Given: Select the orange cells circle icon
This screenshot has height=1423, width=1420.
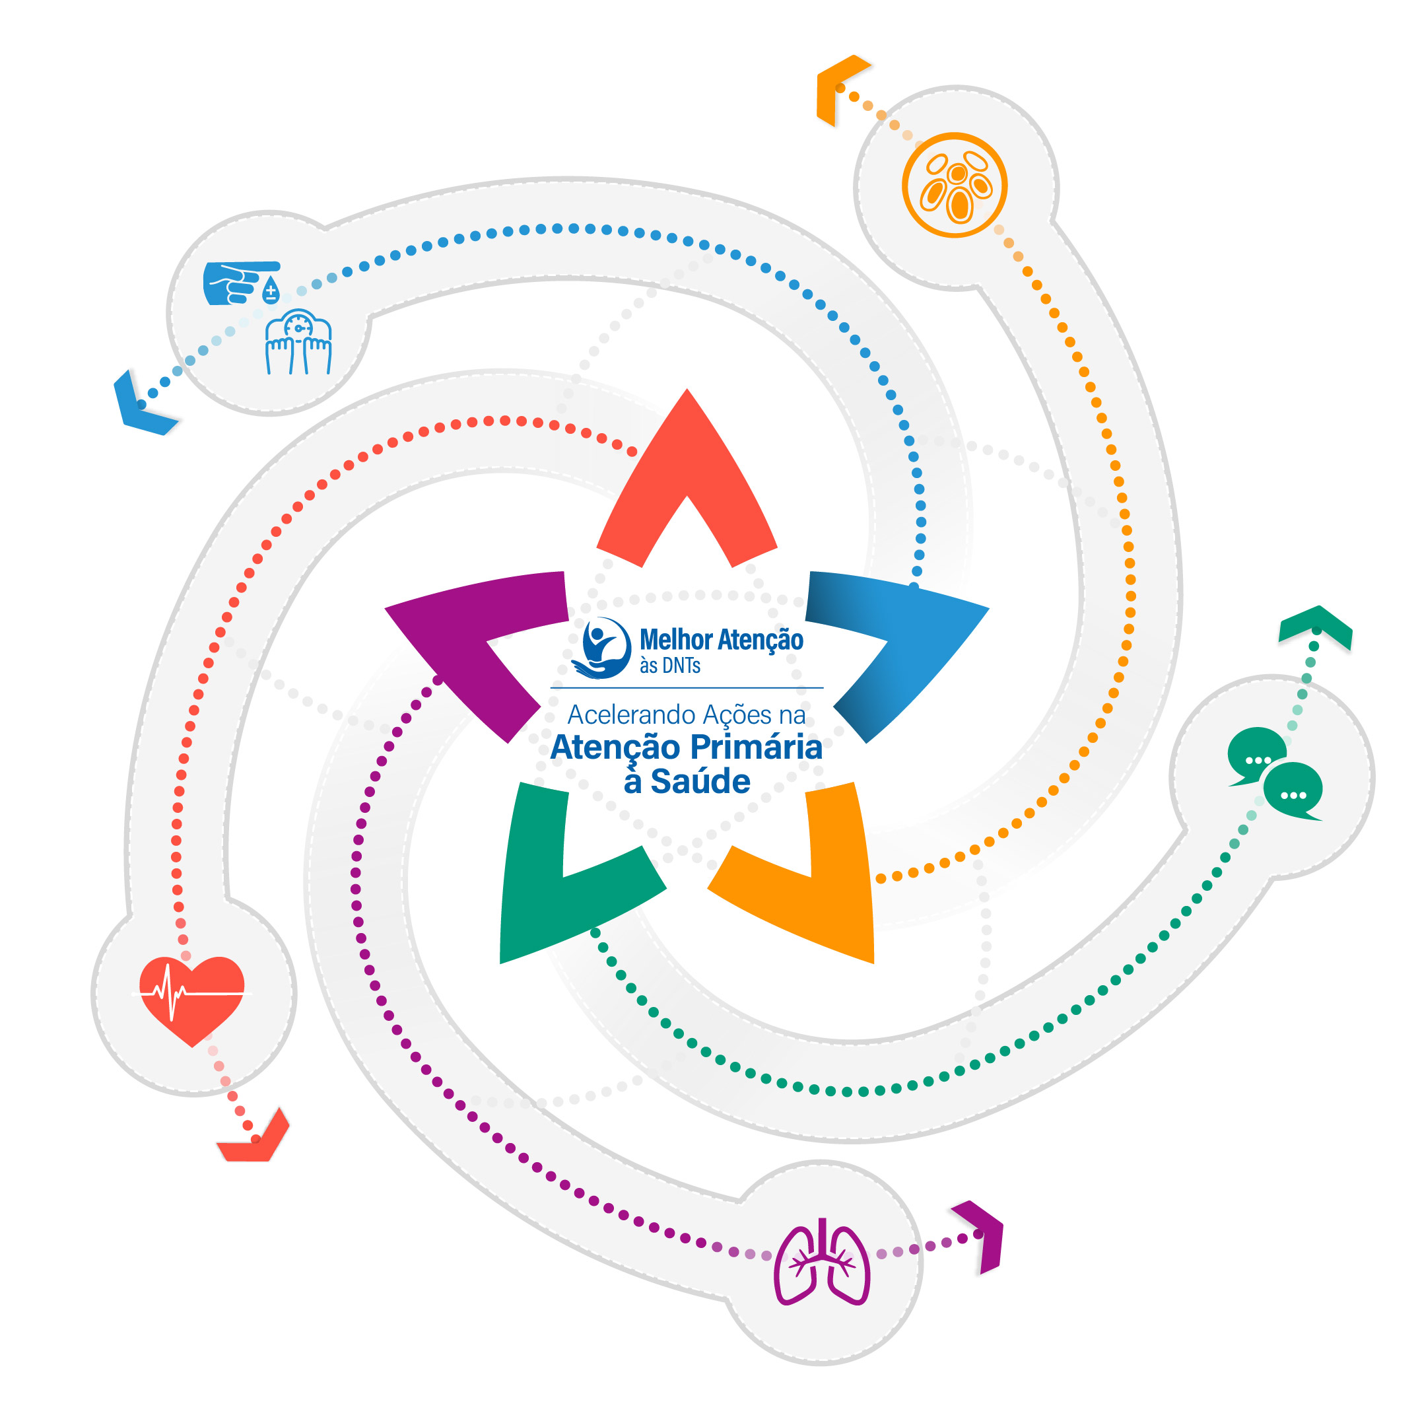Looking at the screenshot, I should coord(954,185).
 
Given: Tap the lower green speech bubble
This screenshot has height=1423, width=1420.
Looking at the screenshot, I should coord(1293,791).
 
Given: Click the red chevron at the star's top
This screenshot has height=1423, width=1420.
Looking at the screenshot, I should coord(687,471).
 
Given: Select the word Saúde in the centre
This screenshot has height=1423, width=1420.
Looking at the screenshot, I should coord(699,781).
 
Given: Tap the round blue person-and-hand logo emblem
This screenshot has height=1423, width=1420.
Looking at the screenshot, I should coord(603,646).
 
